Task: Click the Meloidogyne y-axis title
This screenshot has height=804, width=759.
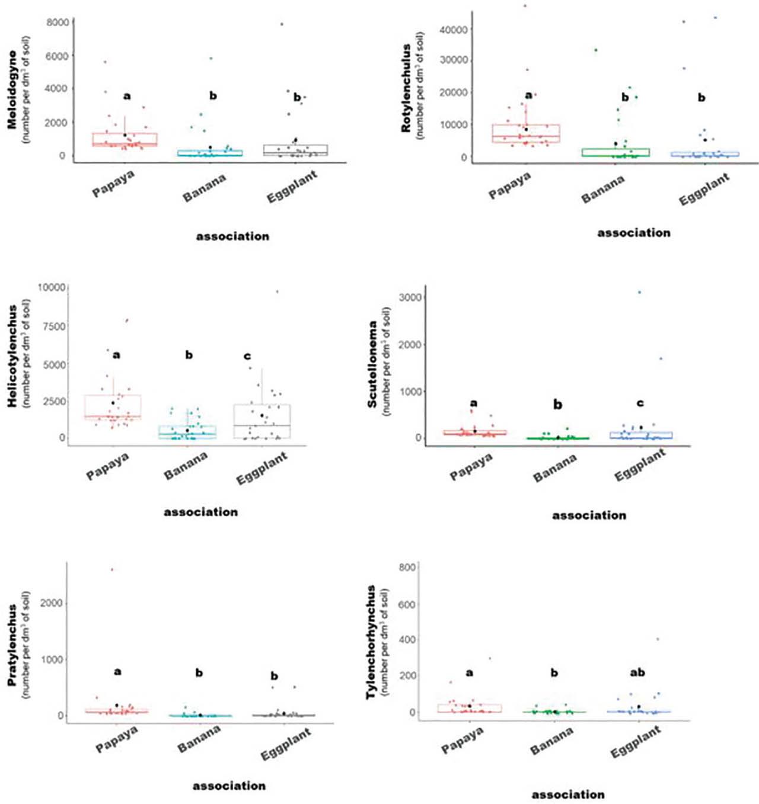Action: click(x=12, y=89)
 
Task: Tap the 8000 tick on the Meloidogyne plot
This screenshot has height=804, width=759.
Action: click(x=58, y=23)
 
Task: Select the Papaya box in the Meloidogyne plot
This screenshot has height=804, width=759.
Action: click(x=125, y=139)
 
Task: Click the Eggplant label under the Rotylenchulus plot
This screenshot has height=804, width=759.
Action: click(x=704, y=190)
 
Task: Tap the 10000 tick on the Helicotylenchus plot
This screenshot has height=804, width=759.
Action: click(x=52, y=287)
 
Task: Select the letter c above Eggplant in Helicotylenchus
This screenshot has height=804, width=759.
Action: click(x=247, y=356)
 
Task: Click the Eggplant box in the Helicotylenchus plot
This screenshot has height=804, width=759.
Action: click(x=262, y=421)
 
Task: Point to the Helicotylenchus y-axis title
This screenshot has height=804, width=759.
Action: click(x=12, y=356)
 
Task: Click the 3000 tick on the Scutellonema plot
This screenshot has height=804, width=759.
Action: click(x=410, y=297)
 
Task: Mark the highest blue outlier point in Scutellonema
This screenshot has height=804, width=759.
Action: click(x=639, y=292)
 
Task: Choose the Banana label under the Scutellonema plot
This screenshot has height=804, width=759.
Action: click(x=554, y=468)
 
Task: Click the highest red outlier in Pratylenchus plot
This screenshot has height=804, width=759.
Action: click(x=112, y=570)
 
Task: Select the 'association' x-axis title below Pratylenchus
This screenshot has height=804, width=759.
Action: click(x=229, y=786)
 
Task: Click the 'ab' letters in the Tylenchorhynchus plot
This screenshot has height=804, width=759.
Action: click(x=637, y=672)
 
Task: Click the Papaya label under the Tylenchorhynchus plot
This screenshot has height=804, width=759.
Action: click(x=462, y=741)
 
